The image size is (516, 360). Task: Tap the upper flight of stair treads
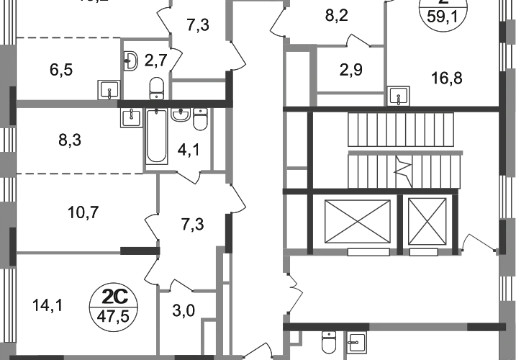(403, 128)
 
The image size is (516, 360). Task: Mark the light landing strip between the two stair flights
(403, 152)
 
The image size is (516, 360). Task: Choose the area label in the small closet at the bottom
(184, 311)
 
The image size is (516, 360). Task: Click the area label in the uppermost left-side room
(62, 71)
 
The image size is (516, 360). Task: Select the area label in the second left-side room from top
(69, 140)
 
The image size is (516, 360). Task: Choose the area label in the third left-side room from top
(85, 211)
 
